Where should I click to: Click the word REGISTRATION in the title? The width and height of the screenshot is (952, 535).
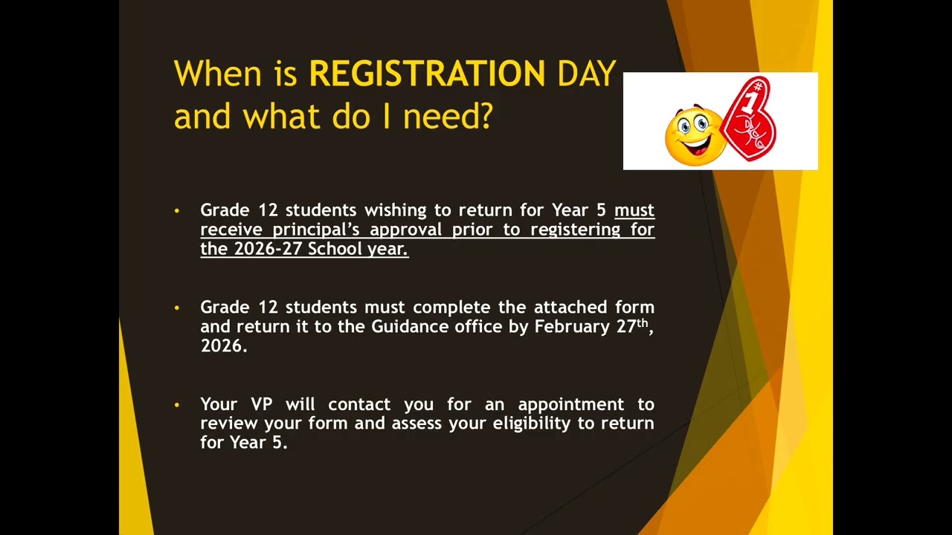click(x=427, y=74)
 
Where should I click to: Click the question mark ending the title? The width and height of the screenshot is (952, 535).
click(x=486, y=117)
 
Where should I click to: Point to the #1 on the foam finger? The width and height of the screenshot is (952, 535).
click(x=753, y=97)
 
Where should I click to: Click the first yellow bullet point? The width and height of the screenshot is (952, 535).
click(x=177, y=211)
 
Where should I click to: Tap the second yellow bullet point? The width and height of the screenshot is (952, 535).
click(x=177, y=308)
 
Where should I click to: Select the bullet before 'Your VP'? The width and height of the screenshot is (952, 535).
click(x=177, y=405)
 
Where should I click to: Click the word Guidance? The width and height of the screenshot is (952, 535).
click(x=411, y=326)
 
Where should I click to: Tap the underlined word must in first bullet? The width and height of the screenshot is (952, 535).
click(x=634, y=210)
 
